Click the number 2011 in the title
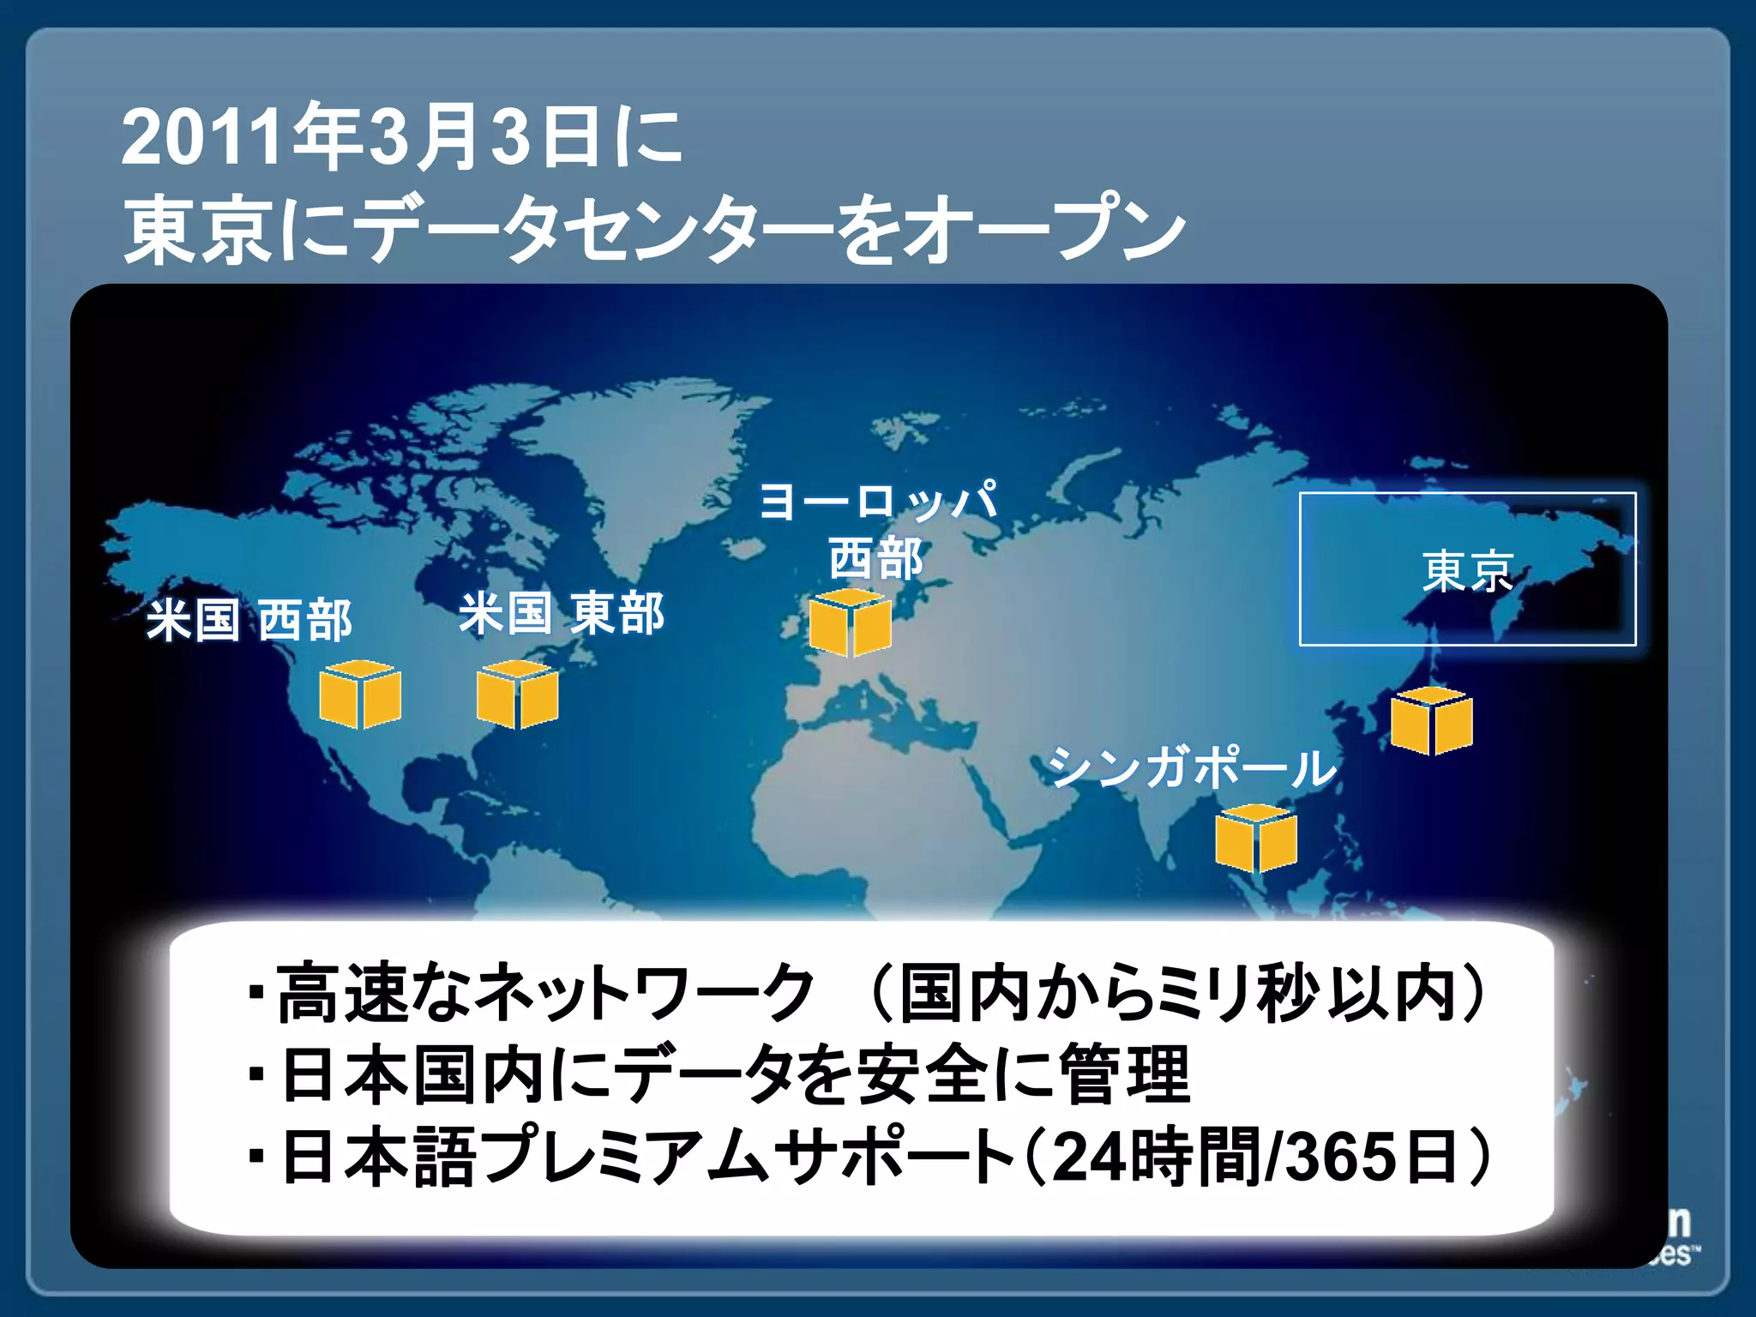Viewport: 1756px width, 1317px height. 201,137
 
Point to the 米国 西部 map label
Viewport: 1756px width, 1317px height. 250,621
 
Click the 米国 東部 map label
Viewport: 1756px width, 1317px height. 562,614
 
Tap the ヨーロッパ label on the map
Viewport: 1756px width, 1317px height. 879,501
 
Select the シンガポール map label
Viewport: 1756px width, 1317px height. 1192,767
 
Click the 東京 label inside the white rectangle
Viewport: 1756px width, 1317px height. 1468,571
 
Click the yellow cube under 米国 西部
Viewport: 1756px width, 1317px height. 360,695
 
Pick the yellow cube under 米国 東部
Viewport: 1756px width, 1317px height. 518,695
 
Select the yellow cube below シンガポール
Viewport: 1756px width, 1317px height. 1256,839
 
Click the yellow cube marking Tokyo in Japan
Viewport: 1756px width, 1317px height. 1431,721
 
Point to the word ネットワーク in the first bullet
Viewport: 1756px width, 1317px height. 643,993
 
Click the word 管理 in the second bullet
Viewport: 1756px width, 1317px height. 1125,1075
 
